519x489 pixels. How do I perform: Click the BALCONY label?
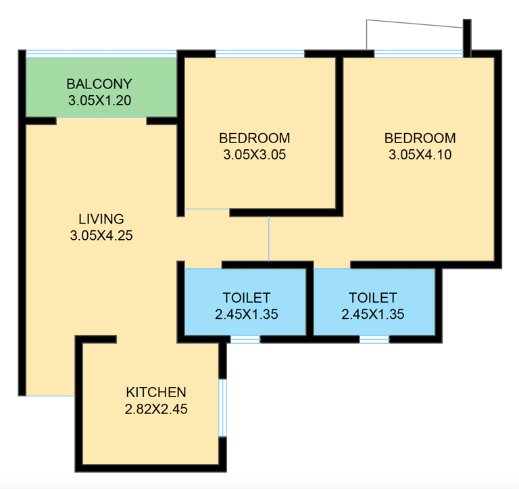[99, 84]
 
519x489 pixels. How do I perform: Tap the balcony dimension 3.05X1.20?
[99, 100]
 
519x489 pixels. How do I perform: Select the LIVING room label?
[101, 219]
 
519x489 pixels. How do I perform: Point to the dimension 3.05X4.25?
[101, 236]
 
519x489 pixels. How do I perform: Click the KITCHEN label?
[156, 392]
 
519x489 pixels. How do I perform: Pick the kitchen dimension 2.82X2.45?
[156, 409]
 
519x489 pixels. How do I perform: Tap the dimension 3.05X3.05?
[255, 155]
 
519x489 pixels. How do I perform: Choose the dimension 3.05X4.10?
[420, 155]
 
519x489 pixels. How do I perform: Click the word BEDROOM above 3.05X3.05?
[255, 138]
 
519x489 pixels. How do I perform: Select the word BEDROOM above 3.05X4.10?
[420, 138]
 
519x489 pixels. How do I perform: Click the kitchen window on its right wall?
[223, 408]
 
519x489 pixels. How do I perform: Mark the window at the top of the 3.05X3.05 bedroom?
[259, 53]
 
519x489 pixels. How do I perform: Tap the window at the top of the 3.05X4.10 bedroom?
[419, 53]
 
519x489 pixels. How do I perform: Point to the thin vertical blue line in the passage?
[269, 238]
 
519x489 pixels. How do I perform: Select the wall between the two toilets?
[310, 302]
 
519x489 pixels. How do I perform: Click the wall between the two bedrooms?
[339, 133]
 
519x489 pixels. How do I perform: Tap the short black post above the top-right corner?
[467, 38]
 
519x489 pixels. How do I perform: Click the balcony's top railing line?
[101, 53]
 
